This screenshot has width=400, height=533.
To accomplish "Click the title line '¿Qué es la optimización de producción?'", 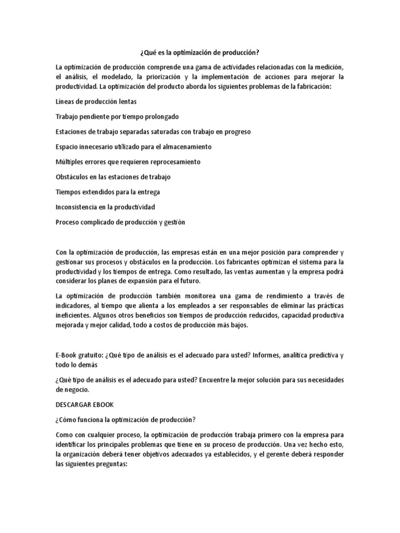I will (200, 54).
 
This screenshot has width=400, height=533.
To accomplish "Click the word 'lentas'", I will (127, 102).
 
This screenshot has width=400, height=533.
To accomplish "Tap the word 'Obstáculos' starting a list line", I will (72, 177).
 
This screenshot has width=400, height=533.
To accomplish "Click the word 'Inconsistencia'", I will (77, 207).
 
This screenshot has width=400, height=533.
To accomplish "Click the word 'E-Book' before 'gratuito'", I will (66, 355).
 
